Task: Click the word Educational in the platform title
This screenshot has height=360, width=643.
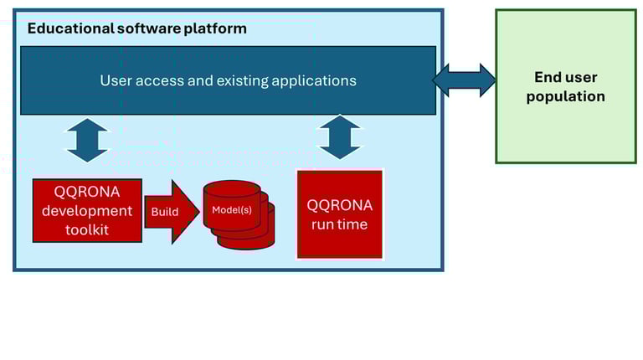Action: [x=70, y=28]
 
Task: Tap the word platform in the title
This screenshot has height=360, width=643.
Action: [x=215, y=29]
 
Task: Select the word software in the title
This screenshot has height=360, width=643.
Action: [x=149, y=28]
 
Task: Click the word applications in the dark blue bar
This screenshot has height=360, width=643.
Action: [x=314, y=81]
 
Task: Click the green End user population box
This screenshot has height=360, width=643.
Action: [x=565, y=86]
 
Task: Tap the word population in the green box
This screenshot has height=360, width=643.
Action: [x=565, y=96]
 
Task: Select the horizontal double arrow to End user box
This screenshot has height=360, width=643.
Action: [x=464, y=80]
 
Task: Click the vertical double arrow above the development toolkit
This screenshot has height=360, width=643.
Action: [x=87, y=140]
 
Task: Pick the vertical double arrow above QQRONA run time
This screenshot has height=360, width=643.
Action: [x=340, y=137]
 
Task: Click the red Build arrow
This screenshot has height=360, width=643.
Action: [x=172, y=212]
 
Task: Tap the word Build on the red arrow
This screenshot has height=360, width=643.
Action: [x=165, y=212]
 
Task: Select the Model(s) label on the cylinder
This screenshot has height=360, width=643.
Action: [x=232, y=210]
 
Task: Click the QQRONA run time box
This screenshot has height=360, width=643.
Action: [x=340, y=214]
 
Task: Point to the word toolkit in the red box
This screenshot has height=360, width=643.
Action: [x=87, y=229]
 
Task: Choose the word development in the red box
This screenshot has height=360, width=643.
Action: [x=87, y=211]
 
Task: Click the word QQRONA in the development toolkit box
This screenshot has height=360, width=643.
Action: [x=87, y=192]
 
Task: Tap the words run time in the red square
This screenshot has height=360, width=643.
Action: [x=340, y=224]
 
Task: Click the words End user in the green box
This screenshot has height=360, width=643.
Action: [x=565, y=77]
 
